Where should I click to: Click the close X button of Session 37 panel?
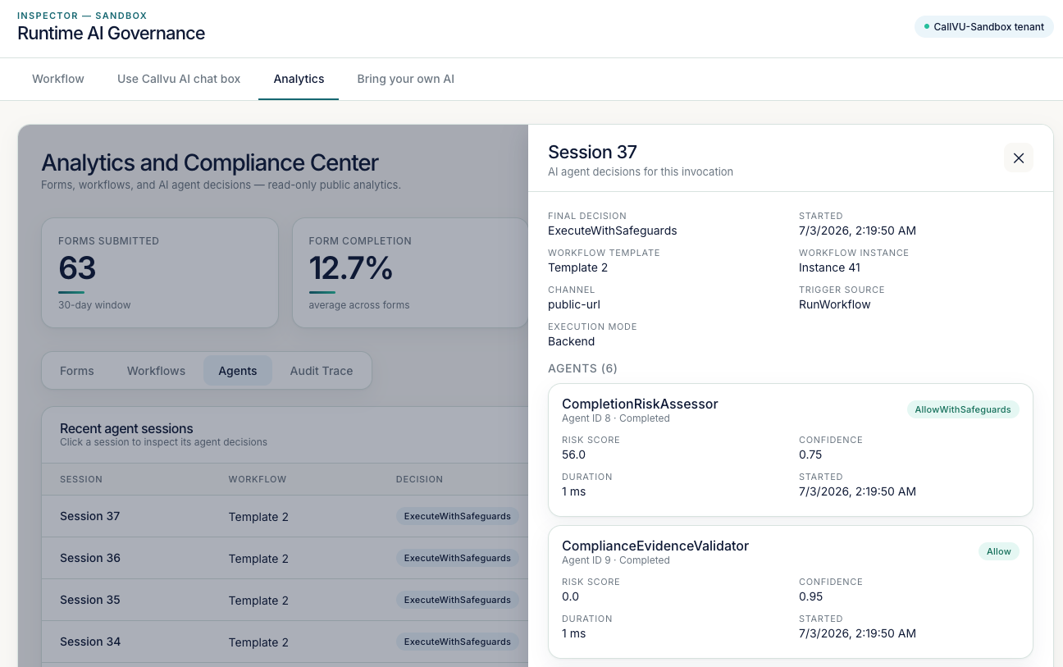click(x=1019, y=158)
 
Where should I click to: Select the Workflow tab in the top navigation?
click(x=58, y=79)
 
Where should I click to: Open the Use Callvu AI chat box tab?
click(x=179, y=79)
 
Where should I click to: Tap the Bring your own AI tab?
click(x=406, y=79)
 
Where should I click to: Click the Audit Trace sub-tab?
click(x=322, y=371)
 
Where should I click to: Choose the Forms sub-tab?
click(x=77, y=371)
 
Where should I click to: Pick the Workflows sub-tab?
click(x=156, y=371)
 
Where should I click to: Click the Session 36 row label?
click(x=90, y=558)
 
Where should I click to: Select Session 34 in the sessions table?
click(x=90, y=642)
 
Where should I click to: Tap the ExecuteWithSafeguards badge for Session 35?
click(x=458, y=600)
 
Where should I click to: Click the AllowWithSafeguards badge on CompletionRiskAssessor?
click(x=963, y=409)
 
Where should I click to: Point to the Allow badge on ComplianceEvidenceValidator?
click(x=999, y=551)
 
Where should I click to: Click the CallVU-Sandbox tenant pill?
click(x=983, y=26)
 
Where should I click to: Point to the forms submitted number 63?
click(x=77, y=267)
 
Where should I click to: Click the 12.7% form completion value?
click(x=351, y=267)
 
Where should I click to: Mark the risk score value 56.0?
click(x=573, y=455)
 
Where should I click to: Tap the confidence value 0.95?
click(x=810, y=596)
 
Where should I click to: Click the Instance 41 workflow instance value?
click(x=829, y=267)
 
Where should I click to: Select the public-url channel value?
click(x=574, y=304)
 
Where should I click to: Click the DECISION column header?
click(x=419, y=479)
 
